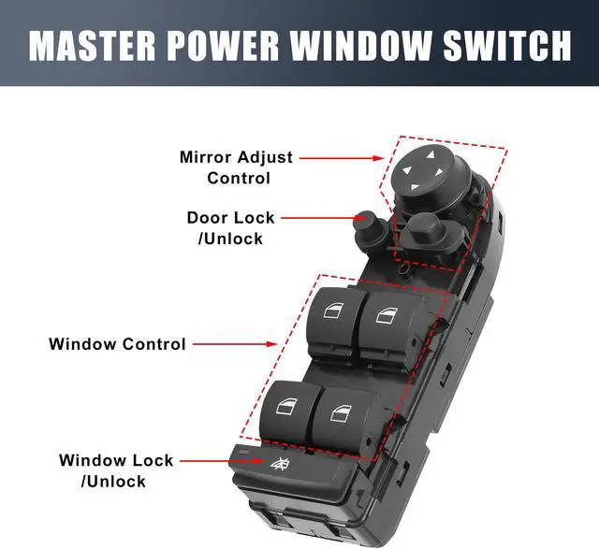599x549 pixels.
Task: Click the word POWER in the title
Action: (x=230, y=44)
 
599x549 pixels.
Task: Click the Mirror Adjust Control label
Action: (x=237, y=167)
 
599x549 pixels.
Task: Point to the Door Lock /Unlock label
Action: (x=230, y=227)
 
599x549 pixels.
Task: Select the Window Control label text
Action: (x=117, y=344)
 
